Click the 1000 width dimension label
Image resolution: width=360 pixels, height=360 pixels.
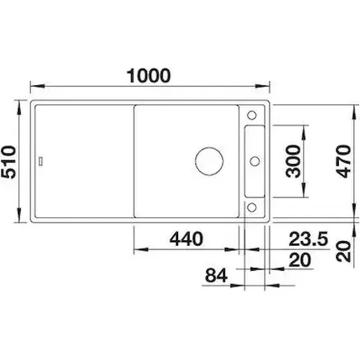[x=148, y=75]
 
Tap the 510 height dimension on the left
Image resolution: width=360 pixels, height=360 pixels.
[x=8, y=162]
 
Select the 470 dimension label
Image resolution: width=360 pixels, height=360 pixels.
[x=343, y=161]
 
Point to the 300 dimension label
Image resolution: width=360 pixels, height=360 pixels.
[x=293, y=161]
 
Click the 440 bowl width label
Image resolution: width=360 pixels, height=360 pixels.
[x=186, y=239]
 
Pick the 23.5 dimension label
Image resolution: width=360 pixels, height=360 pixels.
[x=308, y=239]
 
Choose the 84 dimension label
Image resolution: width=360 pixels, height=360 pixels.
[x=216, y=275]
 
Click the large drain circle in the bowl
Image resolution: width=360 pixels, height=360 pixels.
[x=209, y=161]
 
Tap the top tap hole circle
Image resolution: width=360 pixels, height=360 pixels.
[x=252, y=115]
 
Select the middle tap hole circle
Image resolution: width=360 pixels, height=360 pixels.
[x=255, y=161]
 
